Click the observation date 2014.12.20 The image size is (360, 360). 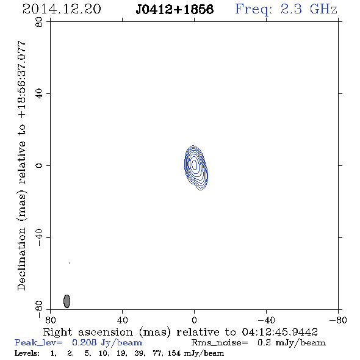click(62, 9)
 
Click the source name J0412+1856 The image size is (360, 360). click(175, 9)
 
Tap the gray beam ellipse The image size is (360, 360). click(67, 301)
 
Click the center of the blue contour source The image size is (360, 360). click(195, 165)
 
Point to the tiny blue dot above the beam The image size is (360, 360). click(69, 263)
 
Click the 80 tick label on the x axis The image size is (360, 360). click(50, 320)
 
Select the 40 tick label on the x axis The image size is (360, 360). click(122, 320)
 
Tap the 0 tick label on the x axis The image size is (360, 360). click(194, 320)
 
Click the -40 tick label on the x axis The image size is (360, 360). click(266, 320)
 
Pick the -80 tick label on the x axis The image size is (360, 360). click(338, 320)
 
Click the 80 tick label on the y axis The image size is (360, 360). click(39, 22)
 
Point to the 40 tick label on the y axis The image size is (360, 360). click(39, 94)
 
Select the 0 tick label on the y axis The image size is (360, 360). click(39, 165)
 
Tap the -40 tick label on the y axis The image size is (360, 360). click(39, 237)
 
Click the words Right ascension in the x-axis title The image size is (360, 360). click(88, 332)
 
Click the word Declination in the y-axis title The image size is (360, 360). click(21, 259)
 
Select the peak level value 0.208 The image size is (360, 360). click(84, 342)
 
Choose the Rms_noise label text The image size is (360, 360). click(220, 343)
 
